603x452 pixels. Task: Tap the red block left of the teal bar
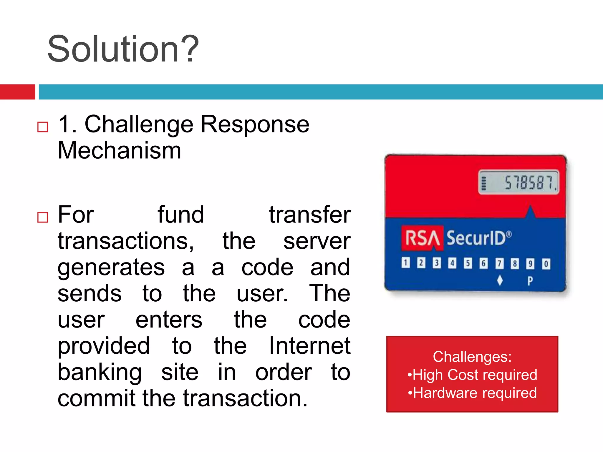pyautogui.click(x=17, y=92)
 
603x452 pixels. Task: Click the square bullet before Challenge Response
pyautogui.click(x=43, y=127)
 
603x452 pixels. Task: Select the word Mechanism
pyautogui.click(x=119, y=151)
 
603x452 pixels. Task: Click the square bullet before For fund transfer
pyautogui.click(x=43, y=217)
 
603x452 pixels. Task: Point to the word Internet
pyautogui.click(x=309, y=346)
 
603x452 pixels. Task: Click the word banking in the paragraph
pyautogui.click(x=100, y=372)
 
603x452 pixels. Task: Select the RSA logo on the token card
pyautogui.click(x=422, y=238)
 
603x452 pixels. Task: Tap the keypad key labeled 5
pyautogui.click(x=468, y=263)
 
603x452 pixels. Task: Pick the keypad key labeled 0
pyautogui.click(x=546, y=264)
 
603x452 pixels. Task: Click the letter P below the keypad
pyautogui.click(x=530, y=281)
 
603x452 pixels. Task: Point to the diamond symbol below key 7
pyautogui.click(x=500, y=280)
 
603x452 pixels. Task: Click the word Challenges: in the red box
pyautogui.click(x=472, y=357)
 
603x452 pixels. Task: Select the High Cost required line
pyautogui.click(x=472, y=375)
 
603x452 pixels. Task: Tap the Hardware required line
pyautogui.click(x=472, y=393)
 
